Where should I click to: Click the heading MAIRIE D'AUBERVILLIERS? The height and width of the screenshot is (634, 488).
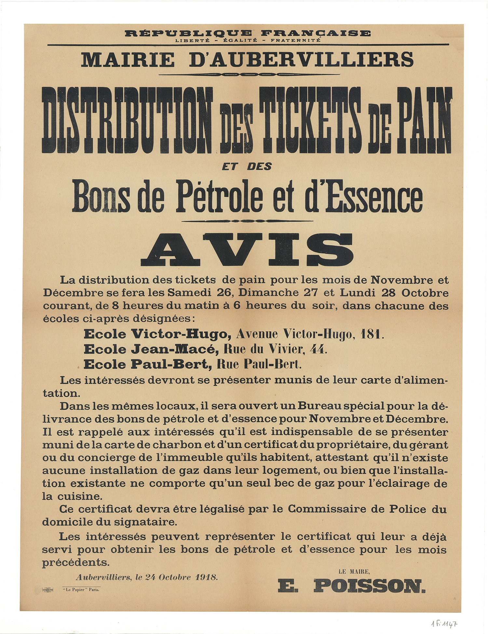pyautogui.click(x=247, y=60)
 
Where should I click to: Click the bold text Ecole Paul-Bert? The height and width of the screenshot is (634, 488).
pyautogui.click(x=146, y=364)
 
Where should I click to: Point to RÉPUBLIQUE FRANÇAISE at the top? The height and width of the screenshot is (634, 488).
pyautogui.click(x=247, y=33)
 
